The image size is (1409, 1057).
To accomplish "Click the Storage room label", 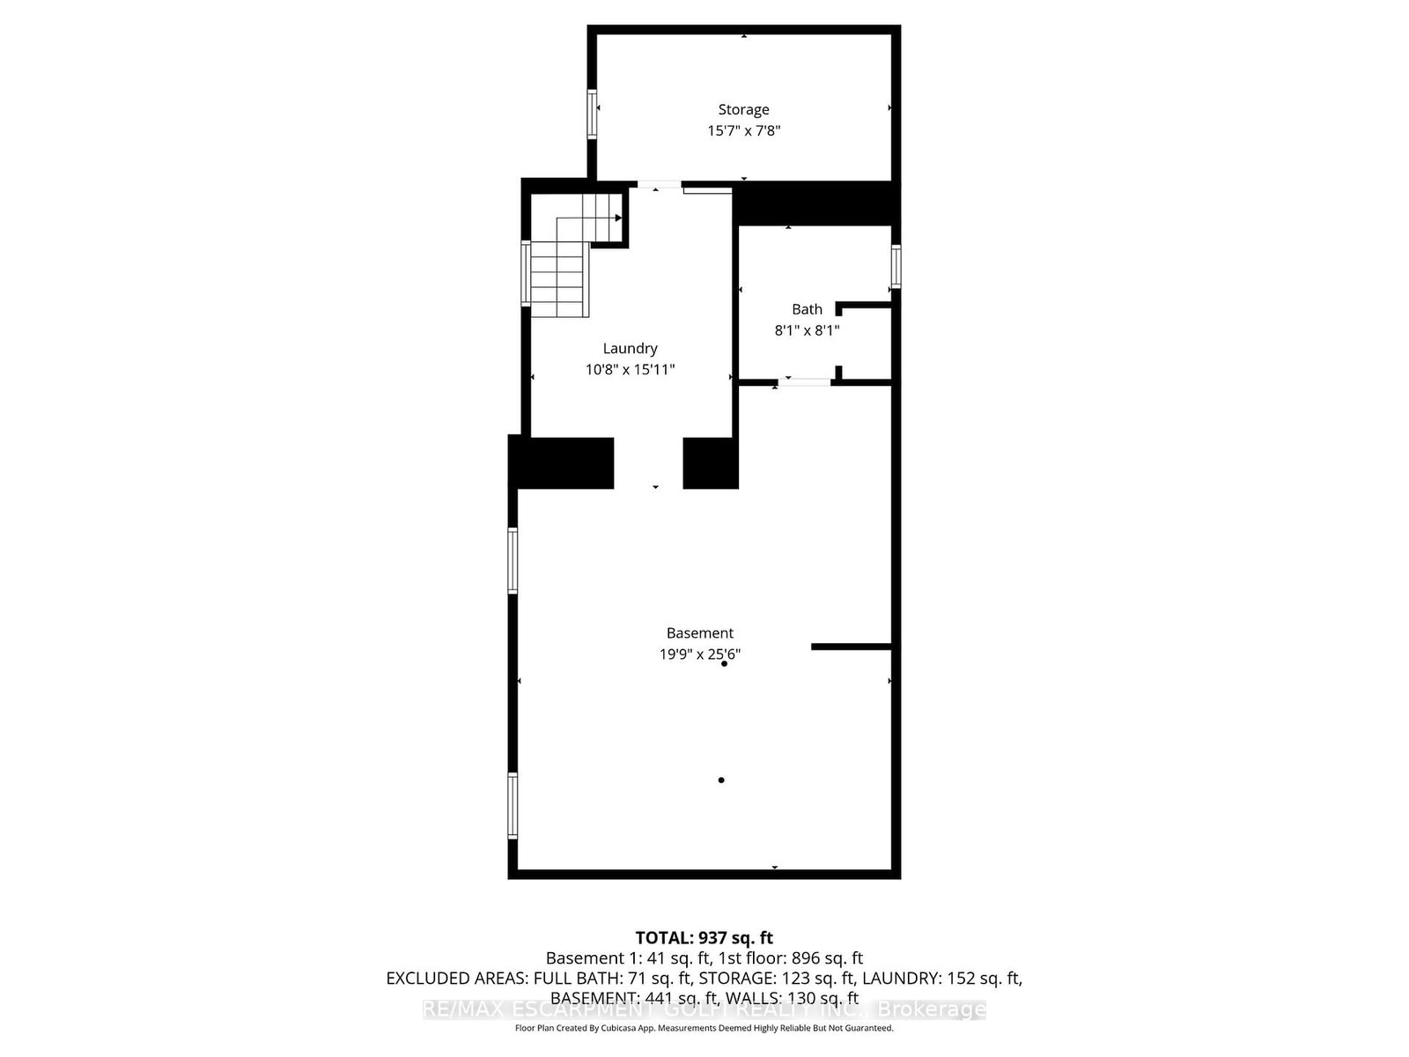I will click(x=743, y=109).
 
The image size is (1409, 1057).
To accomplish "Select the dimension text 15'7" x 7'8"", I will click(x=743, y=130).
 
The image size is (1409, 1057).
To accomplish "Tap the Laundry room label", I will click(x=630, y=348).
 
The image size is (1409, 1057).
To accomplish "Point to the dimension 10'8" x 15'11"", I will click(x=630, y=369).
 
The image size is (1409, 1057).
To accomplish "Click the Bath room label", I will click(x=807, y=309).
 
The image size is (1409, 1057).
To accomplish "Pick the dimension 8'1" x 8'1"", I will click(x=807, y=330).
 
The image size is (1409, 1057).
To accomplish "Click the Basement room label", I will click(x=699, y=632).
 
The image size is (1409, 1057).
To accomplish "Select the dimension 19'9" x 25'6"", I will click(x=699, y=654).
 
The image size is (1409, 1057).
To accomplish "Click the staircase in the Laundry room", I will click(x=564, y=264).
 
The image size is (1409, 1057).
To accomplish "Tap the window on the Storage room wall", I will click(x=593, y=114).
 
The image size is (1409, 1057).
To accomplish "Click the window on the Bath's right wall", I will click(x=896, y=266).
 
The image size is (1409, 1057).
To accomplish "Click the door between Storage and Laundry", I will click(x=659, y=184).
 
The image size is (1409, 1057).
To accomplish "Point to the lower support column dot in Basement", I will click(x=721, y=780).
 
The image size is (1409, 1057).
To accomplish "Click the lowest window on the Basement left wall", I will click(x=513, y=805).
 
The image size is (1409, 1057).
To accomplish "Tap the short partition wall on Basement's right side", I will click(x=851, y=647).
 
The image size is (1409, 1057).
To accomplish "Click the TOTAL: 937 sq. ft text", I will click(x=704, y=937).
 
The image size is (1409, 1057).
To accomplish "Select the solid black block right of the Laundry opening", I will click(x=711, y=462).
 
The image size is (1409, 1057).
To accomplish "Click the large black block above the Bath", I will click(x=815, y=203).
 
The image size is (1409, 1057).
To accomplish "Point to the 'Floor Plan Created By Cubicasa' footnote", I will click(x=704, y=1028).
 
